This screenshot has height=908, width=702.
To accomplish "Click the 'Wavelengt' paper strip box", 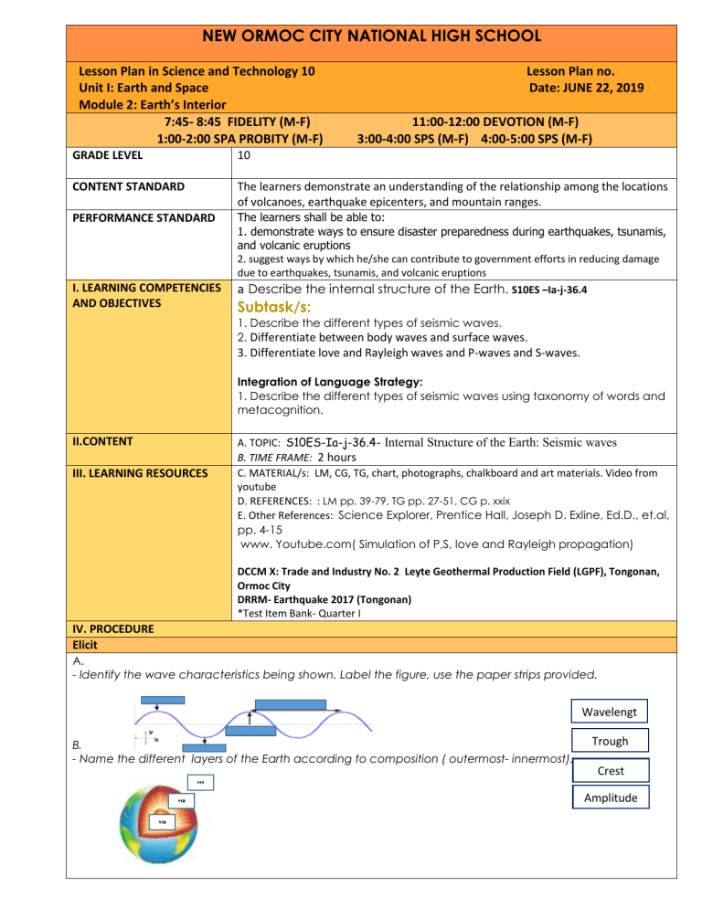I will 606,710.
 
